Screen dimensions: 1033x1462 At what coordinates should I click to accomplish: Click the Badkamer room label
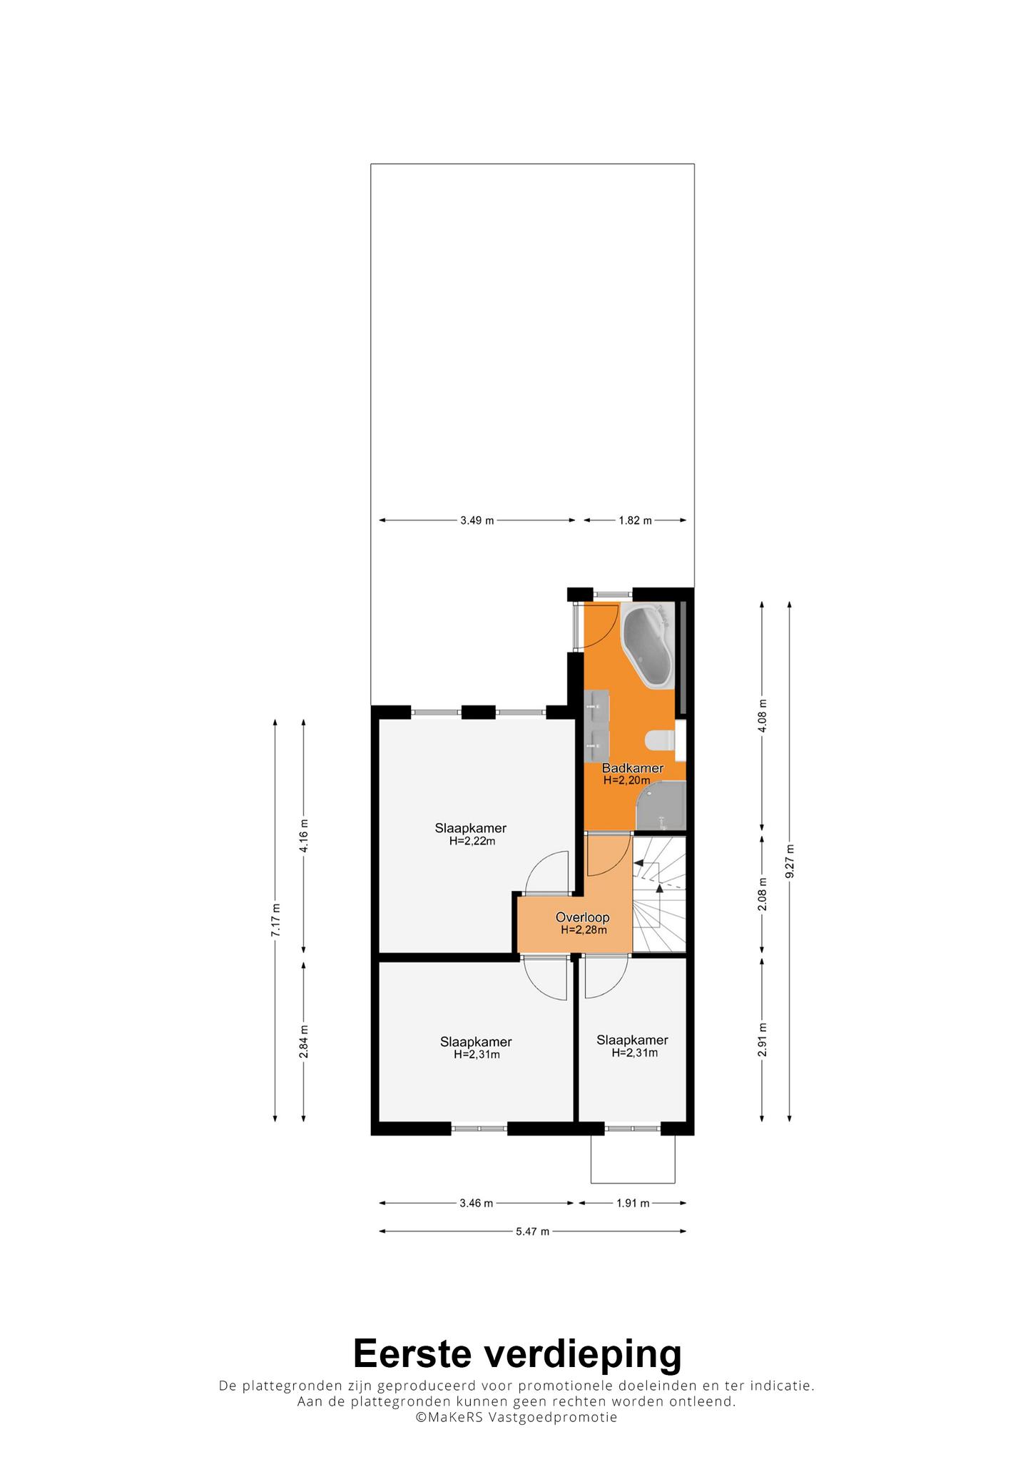point(632,768)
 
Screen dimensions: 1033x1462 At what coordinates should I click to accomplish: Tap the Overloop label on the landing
point(583,918)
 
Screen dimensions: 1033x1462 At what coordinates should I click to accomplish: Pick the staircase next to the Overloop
point(659,894)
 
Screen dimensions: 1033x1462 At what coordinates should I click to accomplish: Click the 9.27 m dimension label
point(789,862)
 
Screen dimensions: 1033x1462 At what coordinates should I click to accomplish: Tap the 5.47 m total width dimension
point(532,1231)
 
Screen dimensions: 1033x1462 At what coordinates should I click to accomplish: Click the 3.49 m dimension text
point(477,520)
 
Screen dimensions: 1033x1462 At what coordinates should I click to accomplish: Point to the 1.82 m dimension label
point(635,520)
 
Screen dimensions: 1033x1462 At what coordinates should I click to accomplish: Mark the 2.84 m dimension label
point(304,1043)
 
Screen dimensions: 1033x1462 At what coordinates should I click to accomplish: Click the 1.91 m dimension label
point(633,1203)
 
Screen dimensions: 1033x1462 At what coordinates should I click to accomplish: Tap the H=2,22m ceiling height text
point(472,841)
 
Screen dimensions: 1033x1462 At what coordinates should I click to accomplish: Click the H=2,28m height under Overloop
point(584,930)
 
